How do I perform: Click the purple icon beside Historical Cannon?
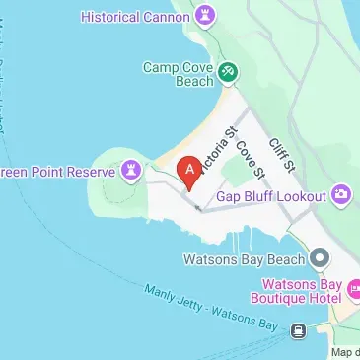tap(205, 15)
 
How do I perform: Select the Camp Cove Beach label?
tap(178, 75)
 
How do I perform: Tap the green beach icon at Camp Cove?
tap(228, 71)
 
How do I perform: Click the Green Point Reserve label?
tap(53, 171)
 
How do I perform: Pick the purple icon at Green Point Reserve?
tap(130, 171)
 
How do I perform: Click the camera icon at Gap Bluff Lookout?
tap(341, 195)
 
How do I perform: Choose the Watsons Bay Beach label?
tap(244, 259)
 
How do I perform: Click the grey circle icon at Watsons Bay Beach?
tap(319, 258)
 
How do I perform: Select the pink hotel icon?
tap(357, 291)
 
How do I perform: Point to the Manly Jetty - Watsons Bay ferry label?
tap(211, 307)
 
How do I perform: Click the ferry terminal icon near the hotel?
tap(298, 330)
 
